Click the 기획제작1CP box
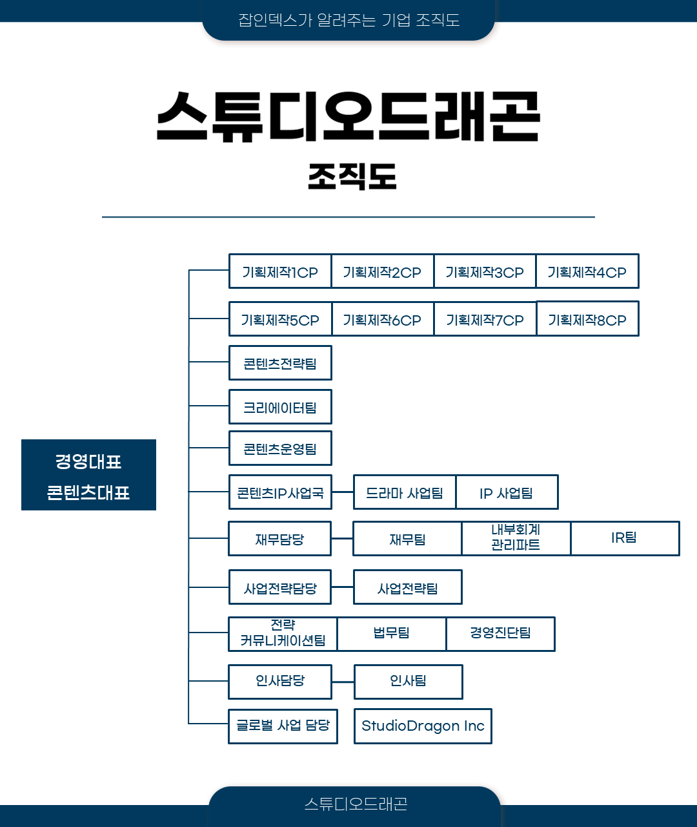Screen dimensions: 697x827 pos(280,271)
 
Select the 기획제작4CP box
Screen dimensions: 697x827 pos(587,271)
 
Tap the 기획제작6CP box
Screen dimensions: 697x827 pos(383,319)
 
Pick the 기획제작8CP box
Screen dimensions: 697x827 pos(588,319)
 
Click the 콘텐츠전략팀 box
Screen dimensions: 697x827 pos(280,363)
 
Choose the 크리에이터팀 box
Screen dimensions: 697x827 pos(280,407)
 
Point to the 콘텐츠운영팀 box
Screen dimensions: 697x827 pos(280,448)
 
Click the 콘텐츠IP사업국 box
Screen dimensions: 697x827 pos(280,492)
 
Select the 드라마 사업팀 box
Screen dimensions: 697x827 pos(405,492)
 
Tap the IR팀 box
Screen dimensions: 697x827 pos(625,539)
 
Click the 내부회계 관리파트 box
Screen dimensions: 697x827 pos(516,539)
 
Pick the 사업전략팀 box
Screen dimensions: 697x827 pos(408,587)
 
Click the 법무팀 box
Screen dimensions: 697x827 pos(392,634)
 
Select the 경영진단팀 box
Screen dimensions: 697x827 pos(501,634)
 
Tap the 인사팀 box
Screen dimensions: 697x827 pos(409,682)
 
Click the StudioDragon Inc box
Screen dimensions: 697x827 pos(423,726)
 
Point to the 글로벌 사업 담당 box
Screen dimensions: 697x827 pos(283,726)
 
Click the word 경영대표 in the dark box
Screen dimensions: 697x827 pos(88,462)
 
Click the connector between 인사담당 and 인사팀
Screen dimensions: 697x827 pos(343,682)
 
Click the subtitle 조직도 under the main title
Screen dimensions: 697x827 pos(352,176)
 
